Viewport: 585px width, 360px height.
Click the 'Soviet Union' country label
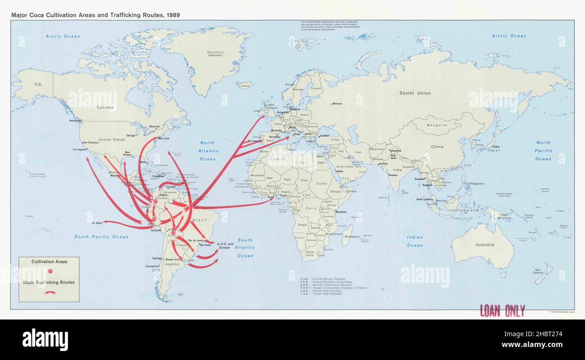[x=415, y=93]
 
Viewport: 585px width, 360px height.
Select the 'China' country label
[x=437, y=147]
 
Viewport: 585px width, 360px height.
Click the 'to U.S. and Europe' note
[x=225, y=246]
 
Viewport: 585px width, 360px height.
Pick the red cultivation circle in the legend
[x=50, y=271]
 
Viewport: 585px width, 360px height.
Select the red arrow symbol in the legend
[x=49, y=292]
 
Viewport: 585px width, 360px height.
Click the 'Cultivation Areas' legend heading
[x=49, y=261]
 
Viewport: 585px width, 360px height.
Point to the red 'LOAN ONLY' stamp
[x=502, y=311]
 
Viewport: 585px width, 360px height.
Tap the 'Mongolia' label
[x=436, y=125]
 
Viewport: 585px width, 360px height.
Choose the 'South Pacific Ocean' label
[x=101, y=237]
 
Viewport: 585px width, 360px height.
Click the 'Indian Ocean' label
[x=415, y=241]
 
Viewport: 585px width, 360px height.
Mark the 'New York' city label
[x=163, y=138]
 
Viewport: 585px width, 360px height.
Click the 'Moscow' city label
[x=337, y=104]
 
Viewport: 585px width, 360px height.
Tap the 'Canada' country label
[x=105, y=107]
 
